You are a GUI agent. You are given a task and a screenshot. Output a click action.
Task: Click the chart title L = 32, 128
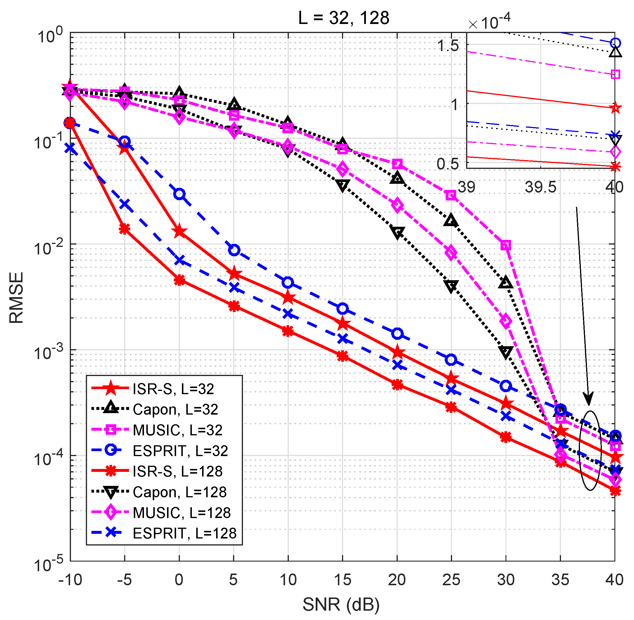point(343,18)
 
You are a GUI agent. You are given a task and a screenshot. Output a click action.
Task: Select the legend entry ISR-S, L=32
point(173,389)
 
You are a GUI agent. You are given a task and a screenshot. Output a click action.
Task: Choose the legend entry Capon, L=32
point(175,410)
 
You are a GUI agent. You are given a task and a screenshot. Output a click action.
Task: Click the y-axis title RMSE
point(16,298)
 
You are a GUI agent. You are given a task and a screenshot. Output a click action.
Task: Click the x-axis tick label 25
point(451,580)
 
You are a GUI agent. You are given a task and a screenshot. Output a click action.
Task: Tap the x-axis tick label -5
point(124,580)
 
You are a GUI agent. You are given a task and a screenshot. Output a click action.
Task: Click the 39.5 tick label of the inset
point(541,187)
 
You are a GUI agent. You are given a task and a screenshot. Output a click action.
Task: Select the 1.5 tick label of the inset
point(448,46)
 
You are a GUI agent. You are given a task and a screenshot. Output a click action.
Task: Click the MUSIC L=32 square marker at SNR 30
point(506,245)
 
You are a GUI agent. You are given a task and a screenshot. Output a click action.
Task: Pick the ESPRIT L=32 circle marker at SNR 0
point(179,194)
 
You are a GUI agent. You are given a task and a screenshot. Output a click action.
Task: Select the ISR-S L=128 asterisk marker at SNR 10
point(288,332)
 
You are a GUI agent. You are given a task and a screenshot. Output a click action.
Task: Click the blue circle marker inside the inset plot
point(615,43)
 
